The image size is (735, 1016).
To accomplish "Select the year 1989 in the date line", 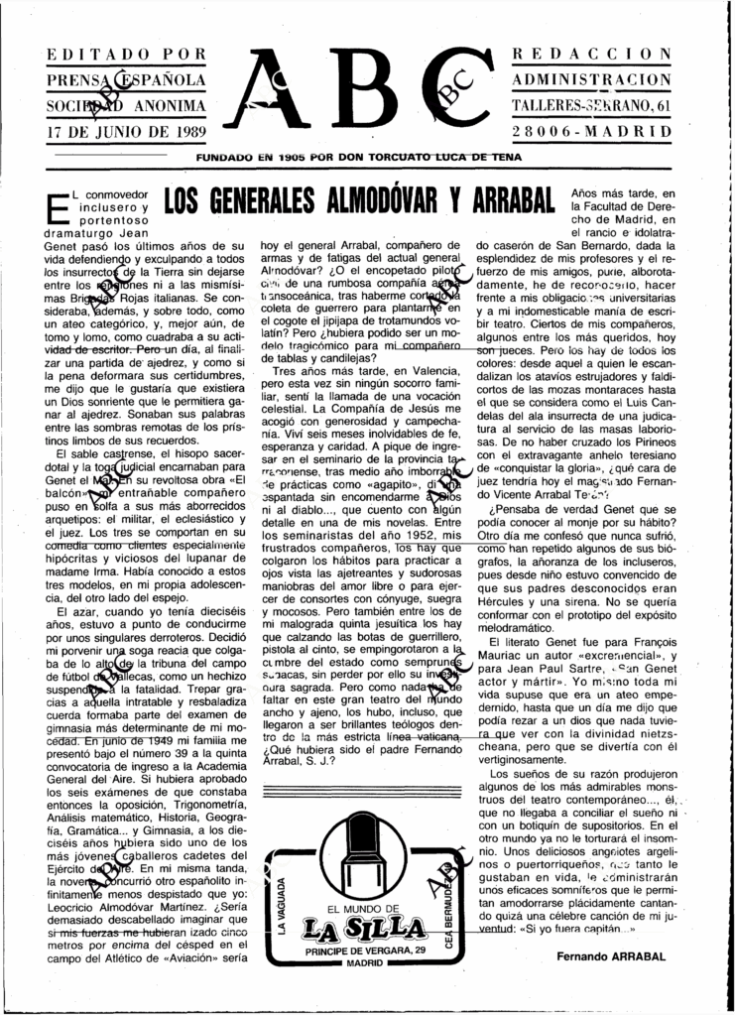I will click(184, 131).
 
